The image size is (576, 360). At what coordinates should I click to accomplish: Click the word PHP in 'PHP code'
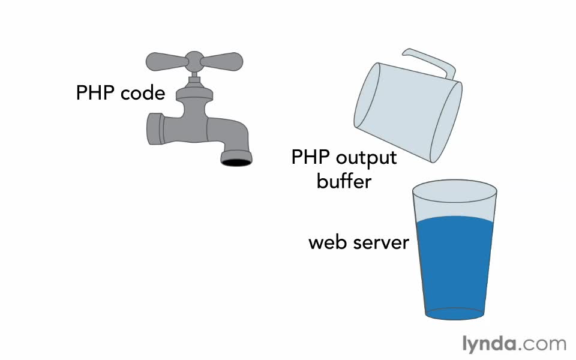click(95, 93)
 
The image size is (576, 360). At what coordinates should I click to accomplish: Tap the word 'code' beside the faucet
click(142, 94)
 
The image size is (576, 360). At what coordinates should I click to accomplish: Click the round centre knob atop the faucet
click(194, 59)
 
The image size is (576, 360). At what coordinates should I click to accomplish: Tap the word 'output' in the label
click(366, 158)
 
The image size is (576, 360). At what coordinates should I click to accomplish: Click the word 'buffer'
click(344, 181)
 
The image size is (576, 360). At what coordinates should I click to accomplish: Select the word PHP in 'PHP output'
click(310, 157)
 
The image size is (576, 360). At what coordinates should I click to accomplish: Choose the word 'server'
click(381, 242)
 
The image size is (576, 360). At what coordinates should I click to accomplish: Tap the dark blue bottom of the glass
click(454, 313)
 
